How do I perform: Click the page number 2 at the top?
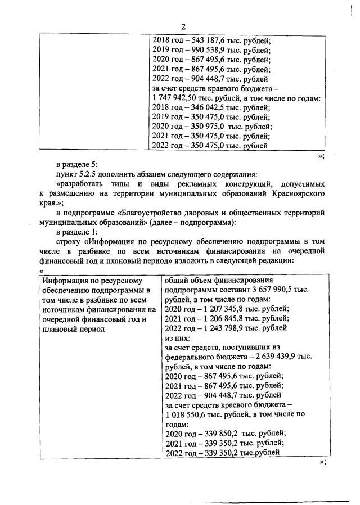pos(183,26)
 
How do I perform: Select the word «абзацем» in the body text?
pos(148,174)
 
